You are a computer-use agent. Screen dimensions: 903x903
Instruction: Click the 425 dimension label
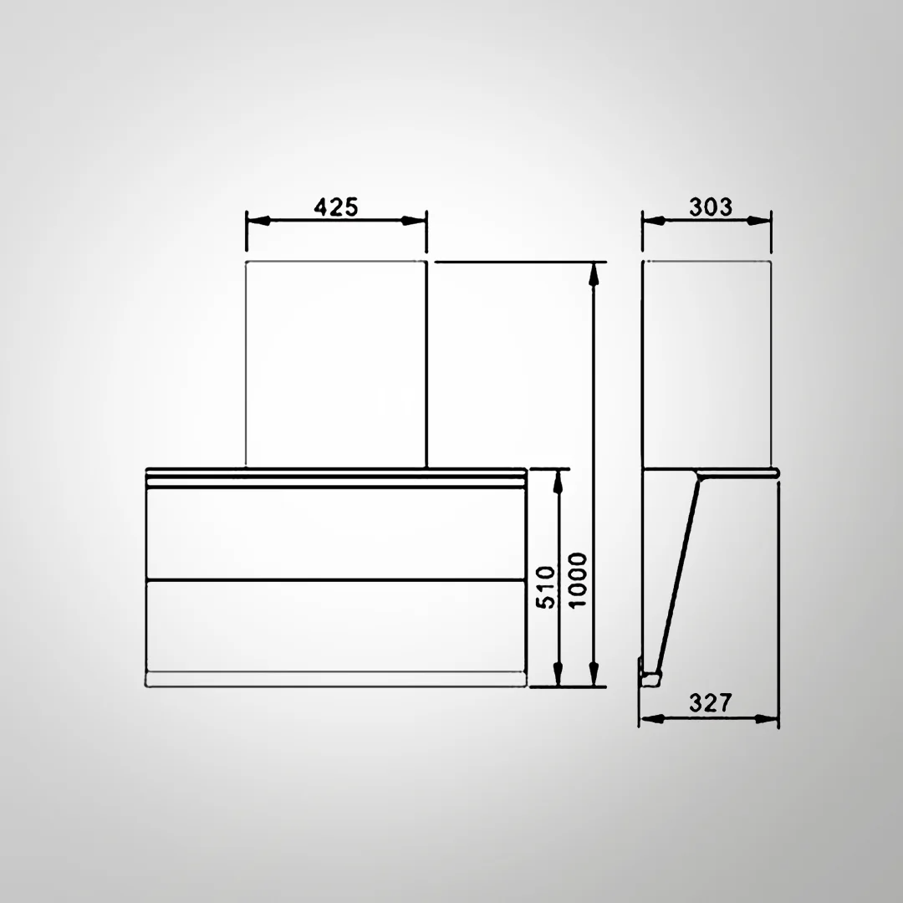tap(336, 207)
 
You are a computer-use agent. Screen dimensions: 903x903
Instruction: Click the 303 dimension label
tap(710, 207)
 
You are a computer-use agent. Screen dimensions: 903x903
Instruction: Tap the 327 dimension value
tap(710, 703)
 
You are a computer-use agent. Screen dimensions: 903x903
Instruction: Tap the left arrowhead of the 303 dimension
tap(653, 221)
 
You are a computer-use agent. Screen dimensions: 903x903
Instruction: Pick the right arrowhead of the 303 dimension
tap(759, 221)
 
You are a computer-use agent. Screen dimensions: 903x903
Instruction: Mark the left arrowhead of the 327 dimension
tap(650, 717)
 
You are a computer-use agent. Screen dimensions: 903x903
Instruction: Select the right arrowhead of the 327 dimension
tap(768, 717)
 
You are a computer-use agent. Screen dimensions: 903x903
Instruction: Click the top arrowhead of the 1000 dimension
tap(594, 273)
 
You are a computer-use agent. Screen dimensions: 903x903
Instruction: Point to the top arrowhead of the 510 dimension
tap(559, 481)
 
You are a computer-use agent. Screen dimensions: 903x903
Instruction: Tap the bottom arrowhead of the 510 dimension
tap(559, 674)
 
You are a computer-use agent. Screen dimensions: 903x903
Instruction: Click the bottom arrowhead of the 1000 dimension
tap(594, 674)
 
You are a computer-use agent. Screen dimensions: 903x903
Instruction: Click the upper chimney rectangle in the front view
tap(336, 364)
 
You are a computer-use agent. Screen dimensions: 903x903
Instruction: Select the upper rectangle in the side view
tap(706, 364)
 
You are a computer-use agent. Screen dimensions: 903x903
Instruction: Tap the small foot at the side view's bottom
tap(650, 676)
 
